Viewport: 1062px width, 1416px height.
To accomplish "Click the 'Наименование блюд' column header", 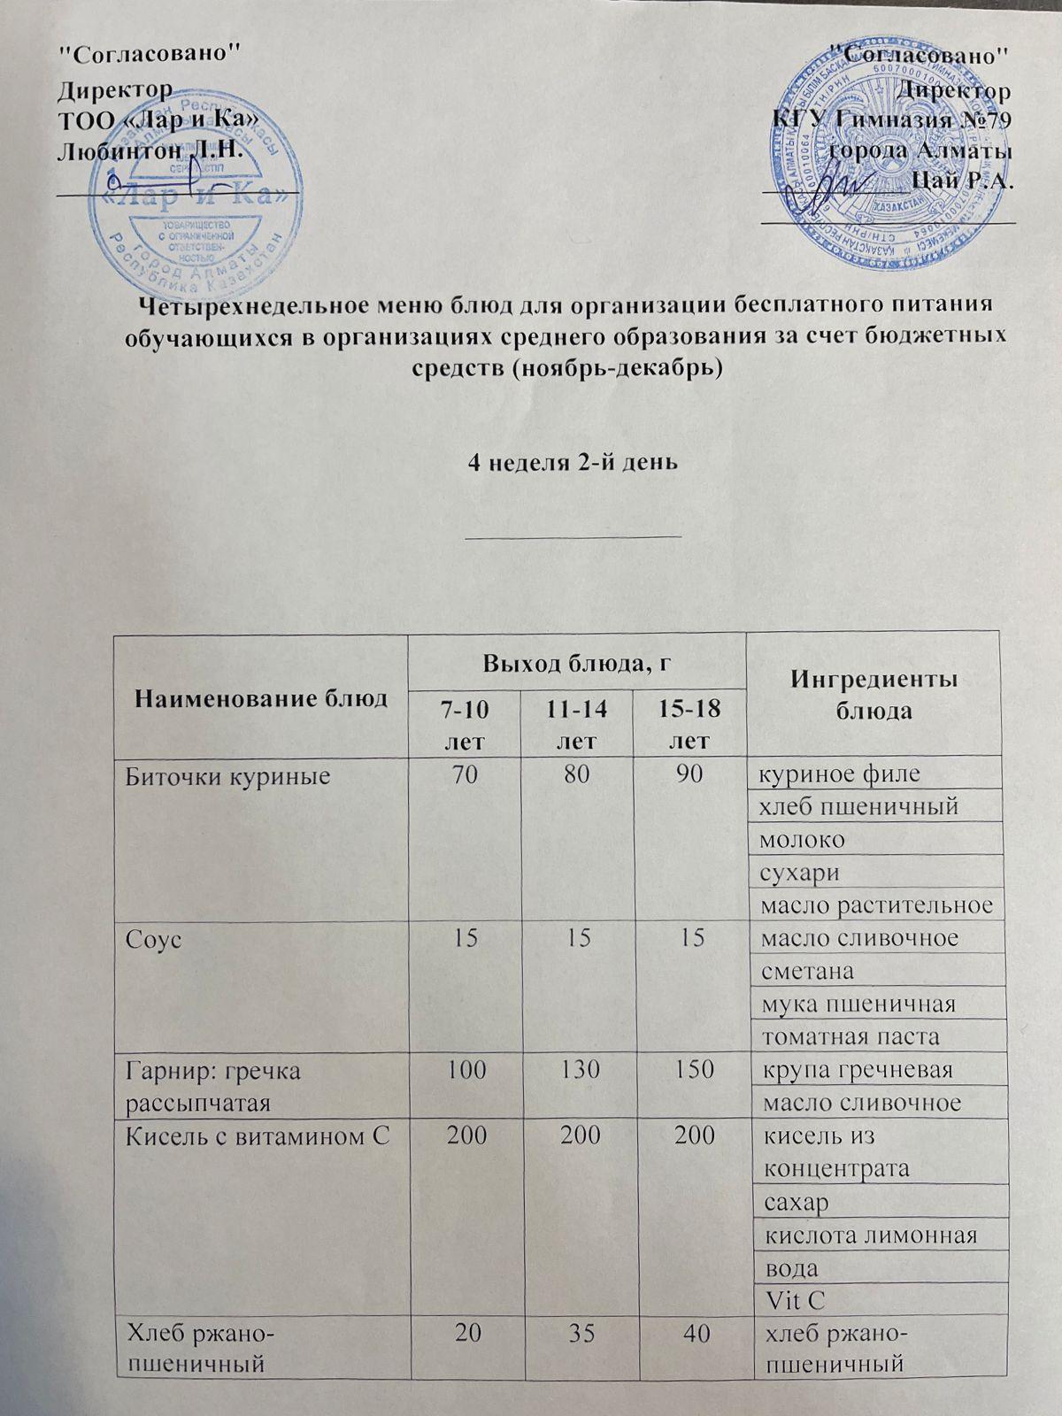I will (x=260, y=699).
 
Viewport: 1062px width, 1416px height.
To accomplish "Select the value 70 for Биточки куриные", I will (x=464, y=775).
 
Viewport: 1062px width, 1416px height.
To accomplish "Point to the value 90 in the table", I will (x=690, y=775).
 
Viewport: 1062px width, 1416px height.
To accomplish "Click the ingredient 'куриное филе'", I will (x=837, y=774).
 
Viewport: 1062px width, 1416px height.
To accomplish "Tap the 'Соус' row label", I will (x=155, y=939).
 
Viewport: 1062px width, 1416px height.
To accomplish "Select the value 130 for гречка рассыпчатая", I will (x=578, y=1069).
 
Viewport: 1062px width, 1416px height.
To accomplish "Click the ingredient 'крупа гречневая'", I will (x=857, y=1069).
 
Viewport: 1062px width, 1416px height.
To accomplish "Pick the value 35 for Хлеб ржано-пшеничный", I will (x=578, y=1332).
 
